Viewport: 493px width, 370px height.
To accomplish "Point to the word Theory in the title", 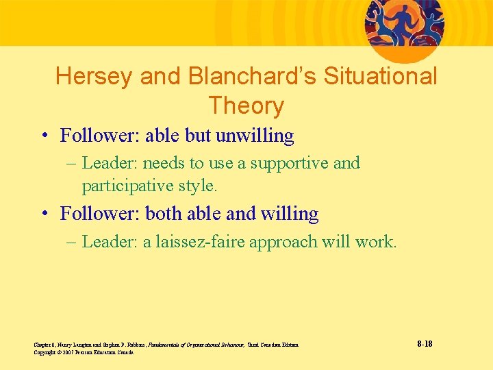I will (246, 106).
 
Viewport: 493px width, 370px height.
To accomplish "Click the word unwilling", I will (255, 136).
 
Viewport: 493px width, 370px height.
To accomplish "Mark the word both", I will (164, 214).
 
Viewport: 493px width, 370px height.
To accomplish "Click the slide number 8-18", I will (424, 343).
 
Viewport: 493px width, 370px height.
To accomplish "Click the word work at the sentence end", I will (377, 241).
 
